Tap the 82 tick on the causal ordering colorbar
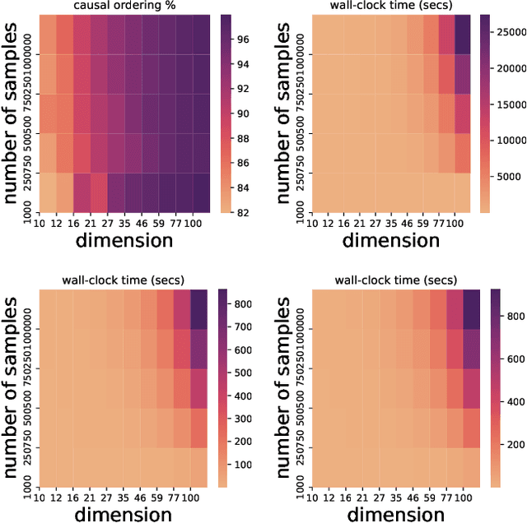pyautogui.click(x=244, y=211)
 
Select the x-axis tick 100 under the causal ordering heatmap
pyautogui.click(x=202, y=223)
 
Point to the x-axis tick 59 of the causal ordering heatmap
pyautogui.click(x=163, y=223)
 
